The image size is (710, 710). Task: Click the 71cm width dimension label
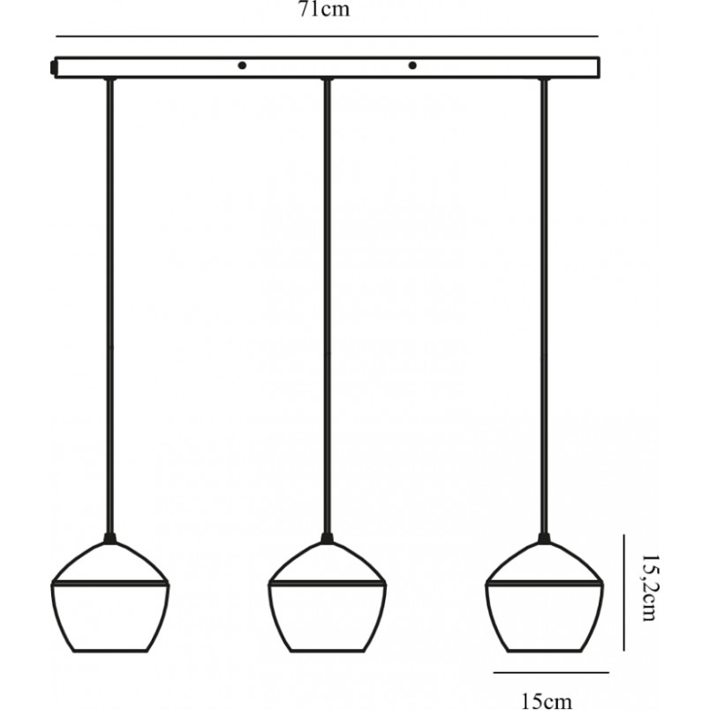324,9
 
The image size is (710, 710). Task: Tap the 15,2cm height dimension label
651,588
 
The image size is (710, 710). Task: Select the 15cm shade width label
547,700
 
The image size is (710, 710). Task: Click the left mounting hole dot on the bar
242,65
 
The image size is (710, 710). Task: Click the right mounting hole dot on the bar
412,65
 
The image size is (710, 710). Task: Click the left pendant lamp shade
110,596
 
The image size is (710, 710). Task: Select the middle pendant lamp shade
327,596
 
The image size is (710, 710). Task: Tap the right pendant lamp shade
544,596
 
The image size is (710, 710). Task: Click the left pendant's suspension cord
110,306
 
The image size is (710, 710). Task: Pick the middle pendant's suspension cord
327,306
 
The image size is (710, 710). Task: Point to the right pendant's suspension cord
544,306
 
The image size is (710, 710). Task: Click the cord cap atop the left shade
110,539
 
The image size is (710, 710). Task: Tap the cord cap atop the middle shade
327,539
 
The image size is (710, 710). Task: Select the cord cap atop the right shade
544,539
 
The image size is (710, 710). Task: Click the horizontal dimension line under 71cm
327,36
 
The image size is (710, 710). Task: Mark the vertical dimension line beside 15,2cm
623,593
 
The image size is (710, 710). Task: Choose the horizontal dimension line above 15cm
551,672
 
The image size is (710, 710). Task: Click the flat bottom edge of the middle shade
327,651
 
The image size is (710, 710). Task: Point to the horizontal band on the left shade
110,583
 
